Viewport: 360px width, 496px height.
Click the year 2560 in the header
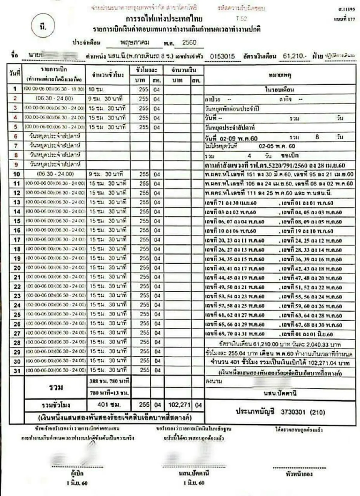coord(189,43)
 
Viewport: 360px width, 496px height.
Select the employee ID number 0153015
coord(222,56)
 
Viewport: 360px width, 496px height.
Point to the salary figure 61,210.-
coord(295,56)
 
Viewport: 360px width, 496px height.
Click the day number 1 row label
coord(15,89)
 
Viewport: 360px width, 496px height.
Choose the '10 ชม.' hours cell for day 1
coord(96,89)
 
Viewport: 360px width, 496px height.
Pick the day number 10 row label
coord(16,174)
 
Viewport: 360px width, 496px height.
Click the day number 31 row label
coord(17,371)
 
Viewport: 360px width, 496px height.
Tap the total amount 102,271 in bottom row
coord(179,405)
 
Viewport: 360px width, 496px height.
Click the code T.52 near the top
coord(241,19)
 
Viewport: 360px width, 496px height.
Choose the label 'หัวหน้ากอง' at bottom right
coord(299,474)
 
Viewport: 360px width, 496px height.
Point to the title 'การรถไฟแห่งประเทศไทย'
coord(164,19)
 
